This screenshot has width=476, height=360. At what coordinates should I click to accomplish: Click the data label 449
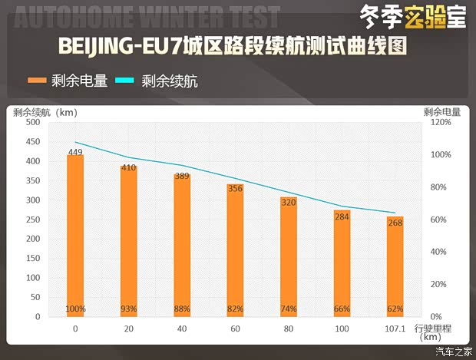(x=75, y=152)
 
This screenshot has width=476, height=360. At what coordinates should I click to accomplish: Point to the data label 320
(x=289, y=203)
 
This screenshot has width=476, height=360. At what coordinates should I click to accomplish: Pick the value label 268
(x=395, y=223)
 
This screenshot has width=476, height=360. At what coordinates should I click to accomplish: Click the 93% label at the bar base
(x=129, y=309)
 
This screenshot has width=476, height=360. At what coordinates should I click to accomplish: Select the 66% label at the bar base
(x=342, y=309)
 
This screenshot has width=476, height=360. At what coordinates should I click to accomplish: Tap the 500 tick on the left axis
(x=32, y=122)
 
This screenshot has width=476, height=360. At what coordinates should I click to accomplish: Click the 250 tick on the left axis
(x=32, y=220)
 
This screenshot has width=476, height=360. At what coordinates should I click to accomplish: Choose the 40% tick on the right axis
(x=436, y=252)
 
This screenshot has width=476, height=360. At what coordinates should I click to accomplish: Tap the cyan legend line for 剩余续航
(x=124, y=80)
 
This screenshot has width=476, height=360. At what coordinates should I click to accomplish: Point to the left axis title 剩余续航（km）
(x=45, y=112)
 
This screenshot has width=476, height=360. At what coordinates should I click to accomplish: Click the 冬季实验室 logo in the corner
(x=413, y=15)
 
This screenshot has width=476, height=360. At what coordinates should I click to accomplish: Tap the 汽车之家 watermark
(x=453, y=352)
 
